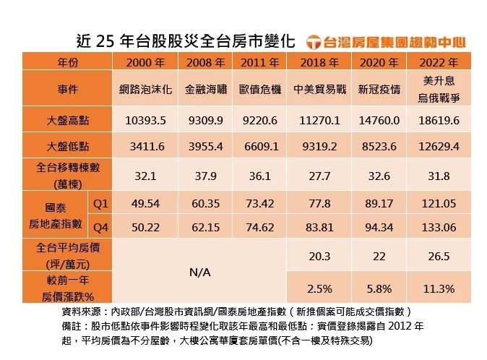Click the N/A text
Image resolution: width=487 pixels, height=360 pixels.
200,273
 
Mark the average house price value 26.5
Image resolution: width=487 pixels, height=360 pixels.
439,256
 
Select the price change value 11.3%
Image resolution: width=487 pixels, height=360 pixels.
439,289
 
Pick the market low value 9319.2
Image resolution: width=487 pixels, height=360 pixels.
319,147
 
